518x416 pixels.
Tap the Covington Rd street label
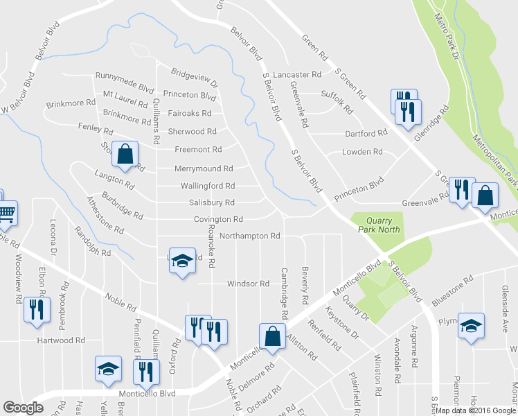[218, 219]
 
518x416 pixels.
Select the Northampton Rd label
[249, 236]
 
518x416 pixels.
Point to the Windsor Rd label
[248, 284]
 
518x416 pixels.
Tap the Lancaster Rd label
[297, 74]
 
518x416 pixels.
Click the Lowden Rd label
[362, 151]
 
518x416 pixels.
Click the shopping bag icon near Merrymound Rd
[125, 155]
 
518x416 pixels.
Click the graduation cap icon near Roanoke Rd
[182, 261]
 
